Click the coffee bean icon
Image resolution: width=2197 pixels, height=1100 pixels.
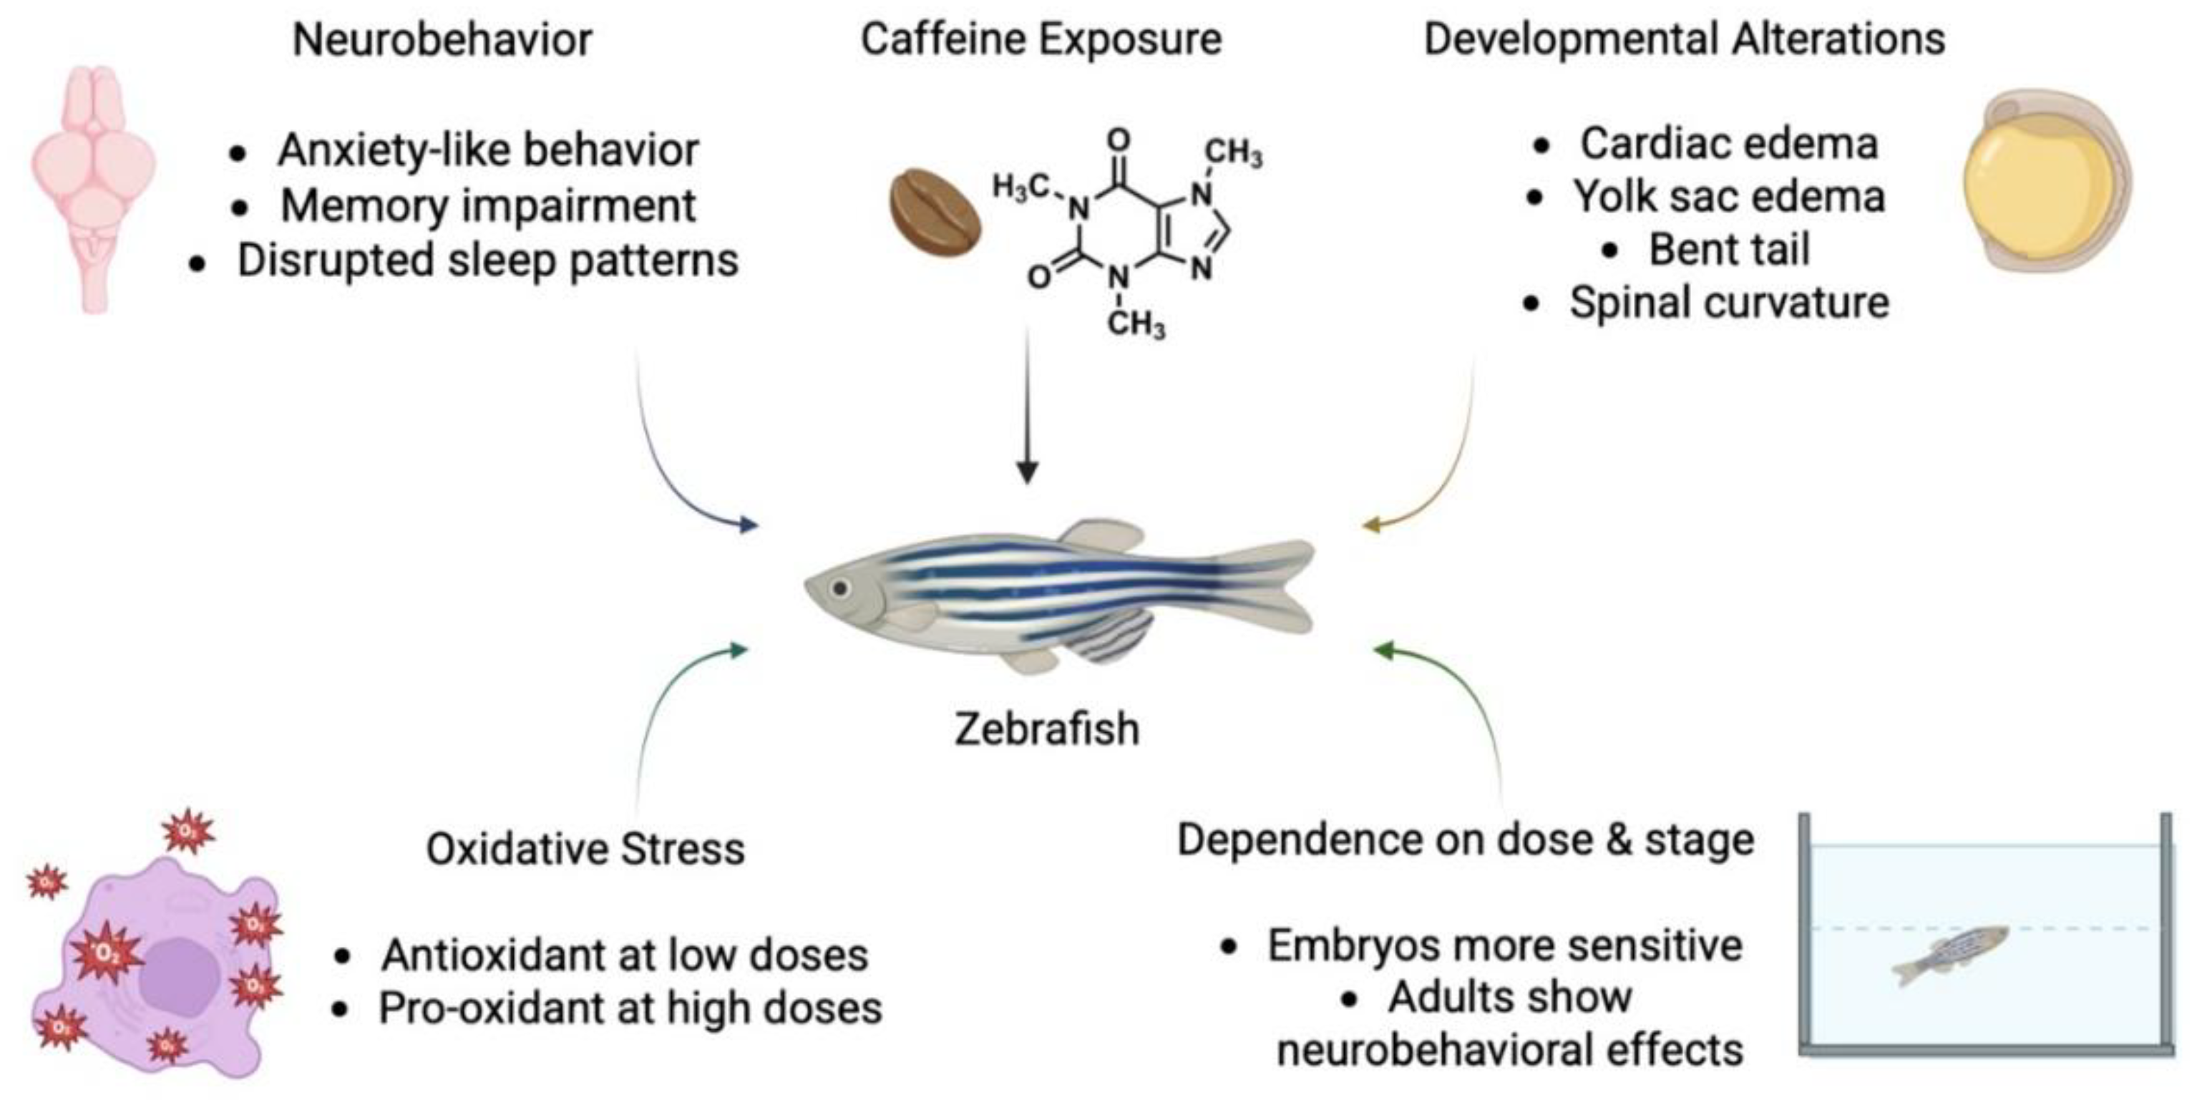(x=935, y=210)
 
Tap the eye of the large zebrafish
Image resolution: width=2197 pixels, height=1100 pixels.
(x=840, y=588)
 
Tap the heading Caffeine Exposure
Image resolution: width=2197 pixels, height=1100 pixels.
(x=1041, y=39)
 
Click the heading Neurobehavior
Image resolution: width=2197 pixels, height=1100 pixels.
(x=442, y=39)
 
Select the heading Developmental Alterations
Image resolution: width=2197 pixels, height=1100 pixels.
(x=1685, y=39)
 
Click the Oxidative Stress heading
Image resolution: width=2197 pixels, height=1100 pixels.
(x=585, y=849)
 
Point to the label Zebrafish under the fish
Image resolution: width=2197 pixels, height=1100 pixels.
(x=1046, y=729)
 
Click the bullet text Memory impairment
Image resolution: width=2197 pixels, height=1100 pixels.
(x=488, y=205)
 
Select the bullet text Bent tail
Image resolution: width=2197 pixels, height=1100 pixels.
(x=1728, y=250)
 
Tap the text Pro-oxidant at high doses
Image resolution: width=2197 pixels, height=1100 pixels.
(x=630, y=1008)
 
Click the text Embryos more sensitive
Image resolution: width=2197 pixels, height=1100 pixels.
(x=1504, y=945)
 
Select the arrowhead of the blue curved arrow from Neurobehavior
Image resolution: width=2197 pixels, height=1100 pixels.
(x=748, y=525)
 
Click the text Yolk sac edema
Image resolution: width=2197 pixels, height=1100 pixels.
(x=1729, y=197)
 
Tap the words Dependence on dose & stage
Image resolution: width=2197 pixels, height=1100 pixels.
(x=1465, y=840)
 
